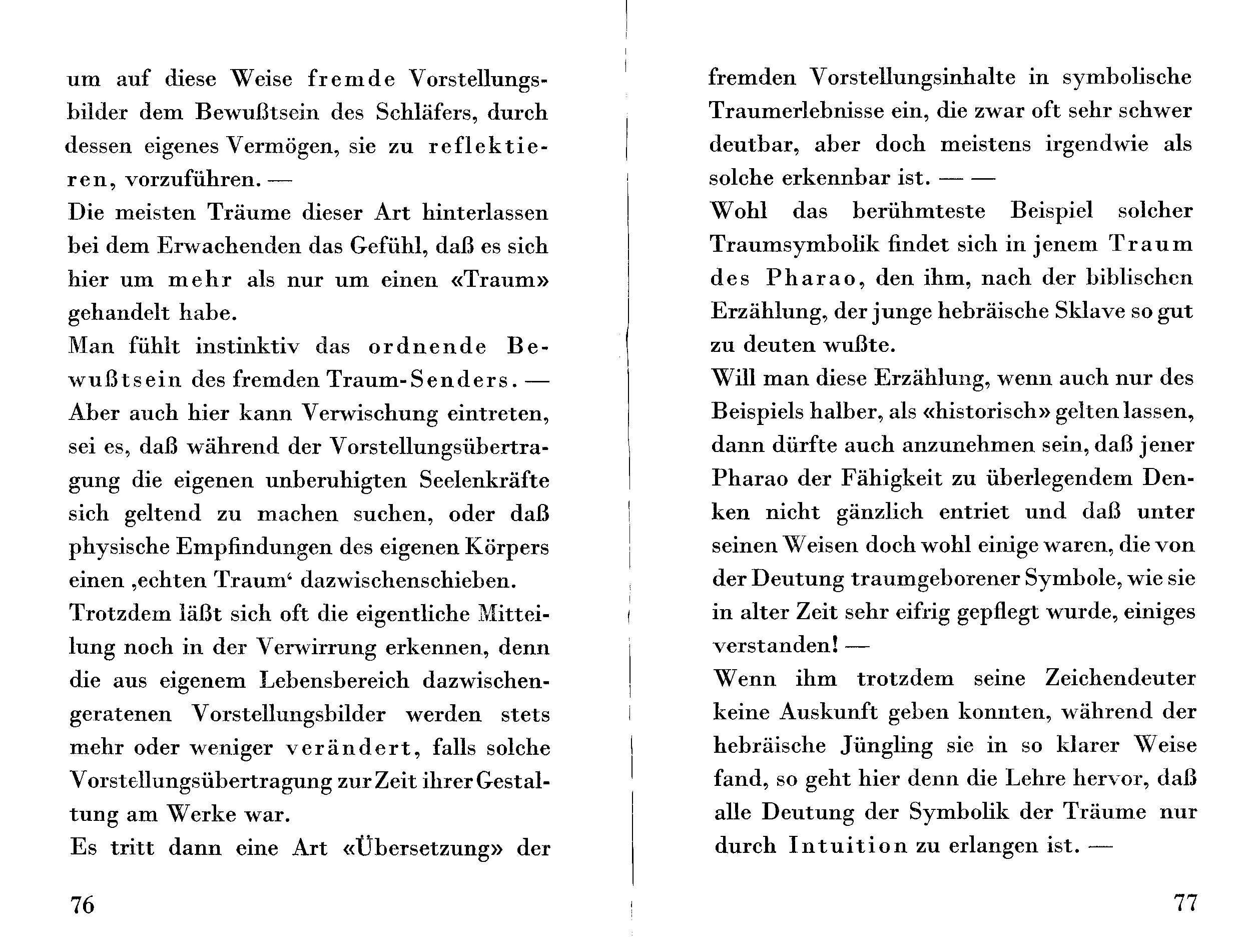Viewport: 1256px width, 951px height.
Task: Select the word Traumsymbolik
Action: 794,245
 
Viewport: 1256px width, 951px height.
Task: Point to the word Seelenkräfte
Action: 484,481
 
